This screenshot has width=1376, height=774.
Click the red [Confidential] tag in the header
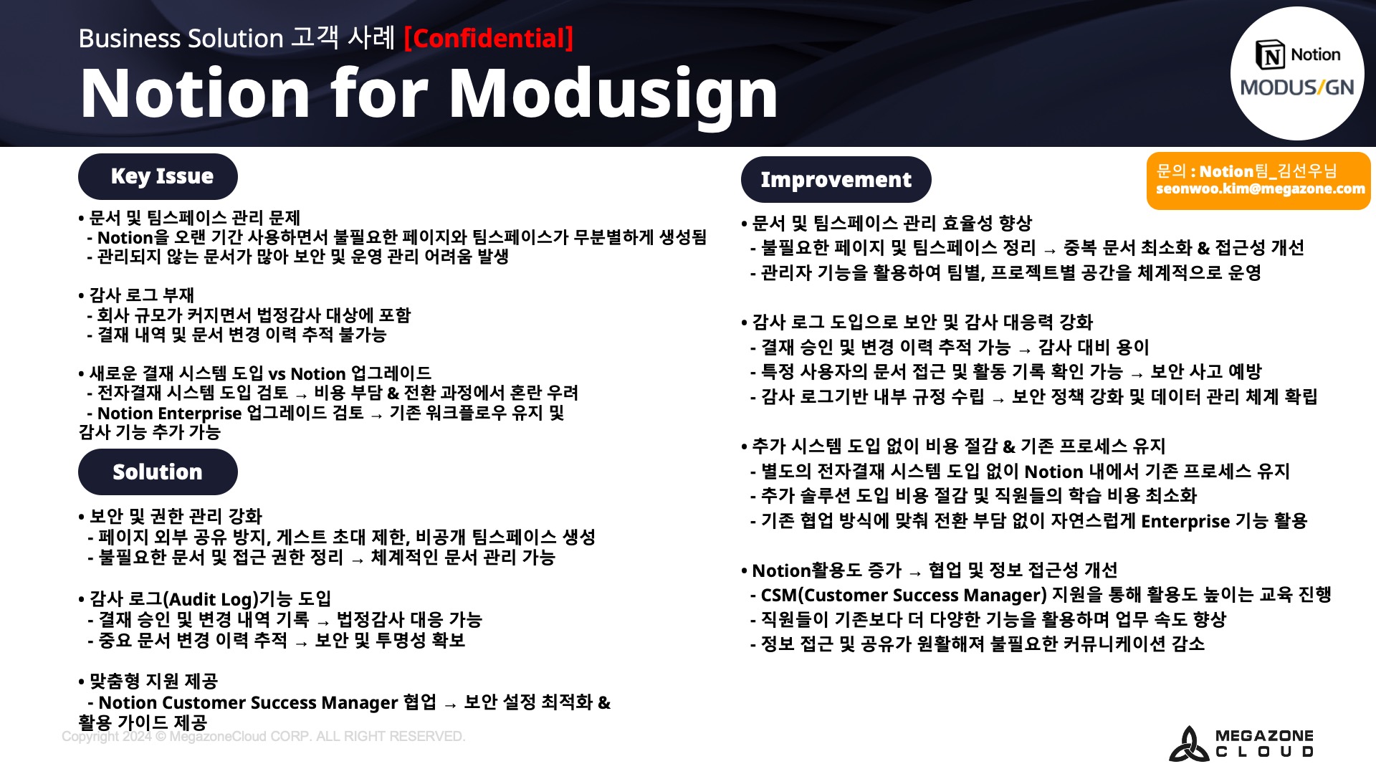coord(489,38)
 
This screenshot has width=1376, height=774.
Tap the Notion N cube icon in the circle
coord(1271,54)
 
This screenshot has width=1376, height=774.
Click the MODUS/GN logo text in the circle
coord(1297,87)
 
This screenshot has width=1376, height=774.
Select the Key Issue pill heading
coord(158,176)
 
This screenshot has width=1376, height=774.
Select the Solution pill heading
coord(158,472)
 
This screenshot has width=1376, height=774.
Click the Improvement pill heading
coord(836,179)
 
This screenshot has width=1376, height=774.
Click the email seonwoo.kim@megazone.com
coord(1260,189)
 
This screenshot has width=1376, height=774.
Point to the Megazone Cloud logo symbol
coord(1189,745)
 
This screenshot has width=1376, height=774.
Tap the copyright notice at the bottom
coord(263,737)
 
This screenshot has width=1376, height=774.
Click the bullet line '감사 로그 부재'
coord(136,295)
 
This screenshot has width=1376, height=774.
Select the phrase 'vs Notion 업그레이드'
coord(350,373)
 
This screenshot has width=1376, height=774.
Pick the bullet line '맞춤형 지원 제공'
coord(148,681)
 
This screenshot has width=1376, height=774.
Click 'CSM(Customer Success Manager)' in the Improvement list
coord(904,595)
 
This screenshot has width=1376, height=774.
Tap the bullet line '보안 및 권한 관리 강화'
coord(171,516)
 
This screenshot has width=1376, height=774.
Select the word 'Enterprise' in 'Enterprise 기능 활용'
coord(1185,521)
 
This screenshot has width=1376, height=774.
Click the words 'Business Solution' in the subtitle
coord(181,38)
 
